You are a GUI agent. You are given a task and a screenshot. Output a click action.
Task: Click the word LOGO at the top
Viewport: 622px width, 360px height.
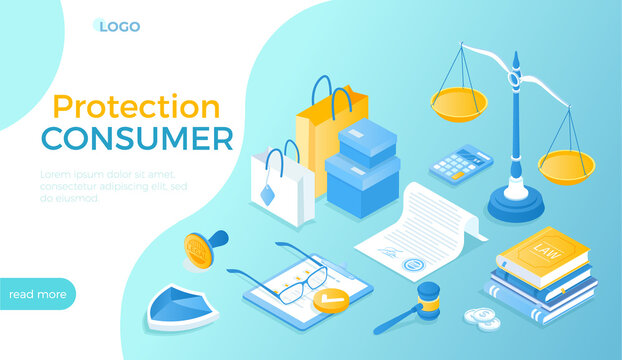[119, 26]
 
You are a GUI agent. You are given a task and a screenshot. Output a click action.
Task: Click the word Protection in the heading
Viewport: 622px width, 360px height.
[136, 107]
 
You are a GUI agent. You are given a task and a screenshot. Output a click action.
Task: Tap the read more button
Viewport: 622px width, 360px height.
[38, 294]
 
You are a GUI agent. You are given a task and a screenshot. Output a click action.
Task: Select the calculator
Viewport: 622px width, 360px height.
[461, 163]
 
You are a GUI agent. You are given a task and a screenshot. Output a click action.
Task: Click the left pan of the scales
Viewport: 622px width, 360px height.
[458, 101]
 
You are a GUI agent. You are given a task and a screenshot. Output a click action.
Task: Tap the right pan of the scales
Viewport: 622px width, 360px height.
[565, 163]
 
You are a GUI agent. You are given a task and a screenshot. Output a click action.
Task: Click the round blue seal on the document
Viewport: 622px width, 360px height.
[412, 265]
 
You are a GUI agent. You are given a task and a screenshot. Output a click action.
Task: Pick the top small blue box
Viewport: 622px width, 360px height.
[367, 142]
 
